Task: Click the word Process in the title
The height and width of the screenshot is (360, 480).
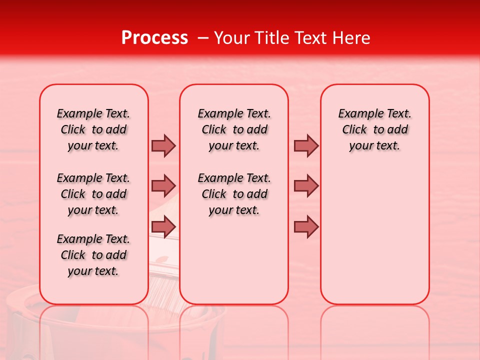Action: (x=154, y=38)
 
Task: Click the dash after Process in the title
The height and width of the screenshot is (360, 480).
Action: (x=202, y=38)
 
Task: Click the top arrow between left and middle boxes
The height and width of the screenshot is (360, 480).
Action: (x=163, y=145)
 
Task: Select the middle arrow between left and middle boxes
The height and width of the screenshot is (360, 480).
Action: (x=163, y=186)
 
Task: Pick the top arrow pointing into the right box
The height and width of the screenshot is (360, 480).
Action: (x=306, y=145)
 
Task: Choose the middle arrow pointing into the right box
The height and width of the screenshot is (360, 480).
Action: (x=306, y=186)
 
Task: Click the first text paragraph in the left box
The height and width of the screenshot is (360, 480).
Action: (x=93, y=129)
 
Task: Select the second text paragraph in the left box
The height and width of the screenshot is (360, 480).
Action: (x=93, y=194)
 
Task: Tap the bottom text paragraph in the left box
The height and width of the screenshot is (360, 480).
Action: (x=93, y=255)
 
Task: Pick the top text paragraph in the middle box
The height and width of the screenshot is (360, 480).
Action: (x=234, y=129)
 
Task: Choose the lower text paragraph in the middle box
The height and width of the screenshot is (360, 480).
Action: (x=234, y=194)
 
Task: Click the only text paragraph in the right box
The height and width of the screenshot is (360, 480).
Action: (x=374, y=129)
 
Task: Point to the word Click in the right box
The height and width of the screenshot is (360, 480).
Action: (x=354, y=130)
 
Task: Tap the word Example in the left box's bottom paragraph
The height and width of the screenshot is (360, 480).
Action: (x=75, y=239)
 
